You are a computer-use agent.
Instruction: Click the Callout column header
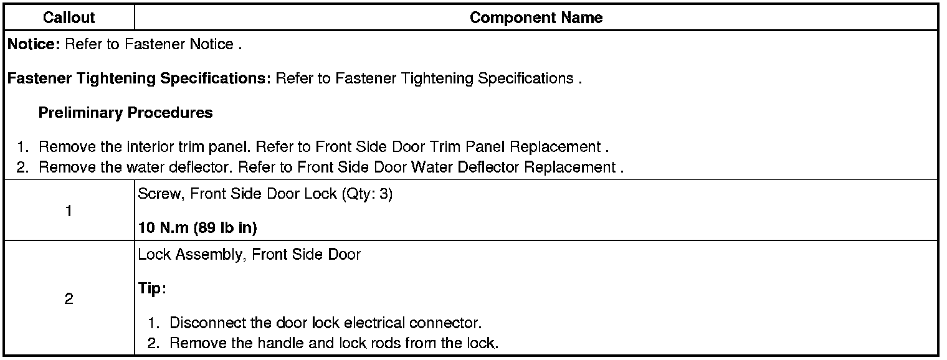tap(69, 18)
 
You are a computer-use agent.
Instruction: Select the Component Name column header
tap(536, 18)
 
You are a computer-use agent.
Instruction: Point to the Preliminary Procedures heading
tap(125, 113)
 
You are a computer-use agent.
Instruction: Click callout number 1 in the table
tap(69, 211)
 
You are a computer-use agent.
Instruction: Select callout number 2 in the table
tap(69, 300)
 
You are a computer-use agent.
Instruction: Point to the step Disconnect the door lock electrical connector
tap(326, 324)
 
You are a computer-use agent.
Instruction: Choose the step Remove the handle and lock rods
tap(334, 343)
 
